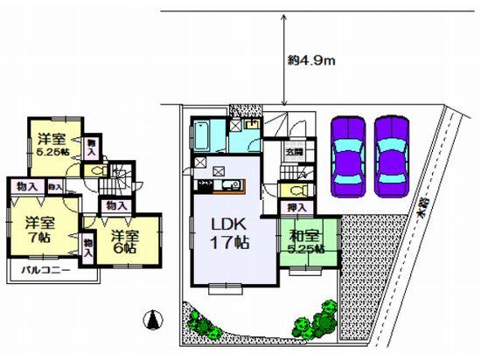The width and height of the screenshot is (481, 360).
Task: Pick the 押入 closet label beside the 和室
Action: point(296,207)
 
